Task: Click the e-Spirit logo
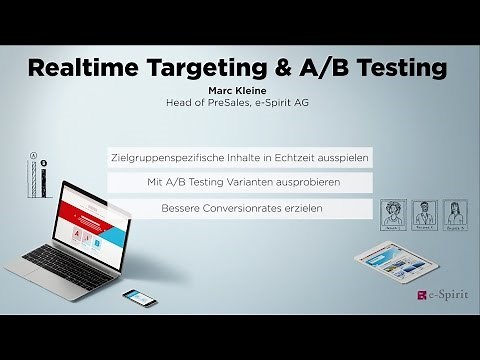pos(437,297)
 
